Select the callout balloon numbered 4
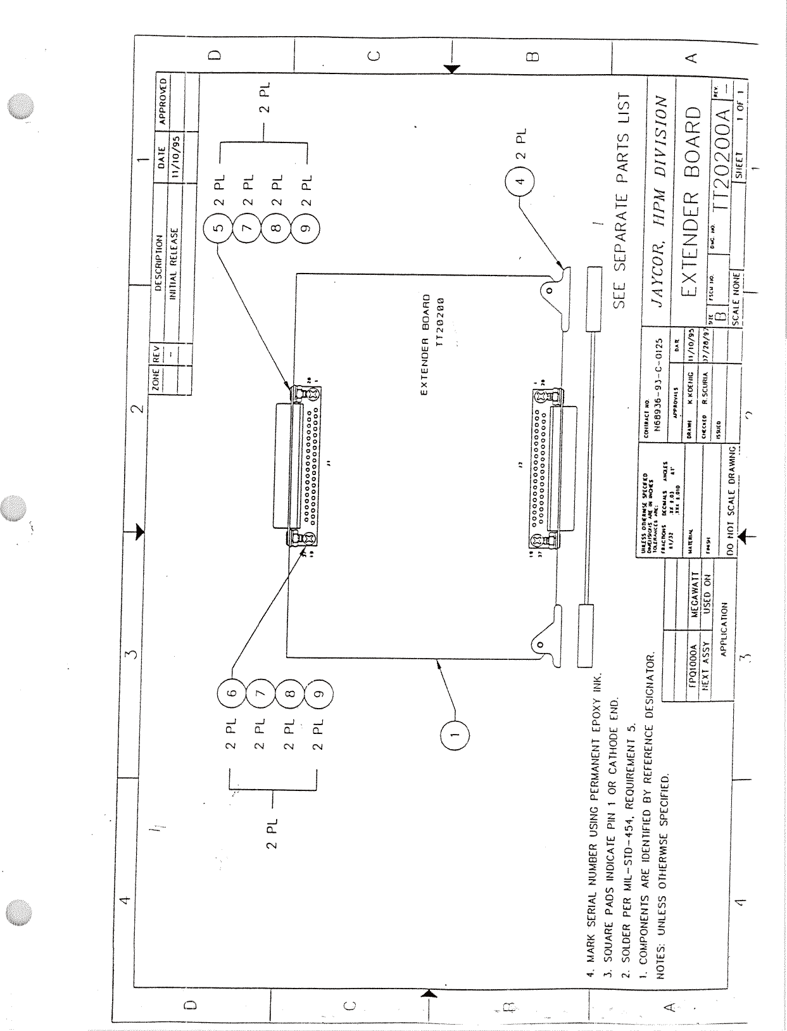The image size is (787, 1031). coord(520,180)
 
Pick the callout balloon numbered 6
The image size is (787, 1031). coord(232,693)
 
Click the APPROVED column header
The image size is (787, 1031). coord(163,101)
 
